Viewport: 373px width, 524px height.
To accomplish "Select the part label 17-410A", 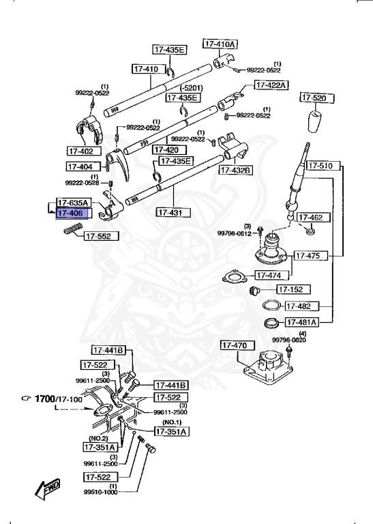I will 220,44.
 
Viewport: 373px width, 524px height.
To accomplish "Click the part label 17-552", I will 101,237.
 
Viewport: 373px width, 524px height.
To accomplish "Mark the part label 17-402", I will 84,151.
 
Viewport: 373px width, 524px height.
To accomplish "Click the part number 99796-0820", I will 289,340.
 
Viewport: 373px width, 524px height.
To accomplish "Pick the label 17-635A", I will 74,203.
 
